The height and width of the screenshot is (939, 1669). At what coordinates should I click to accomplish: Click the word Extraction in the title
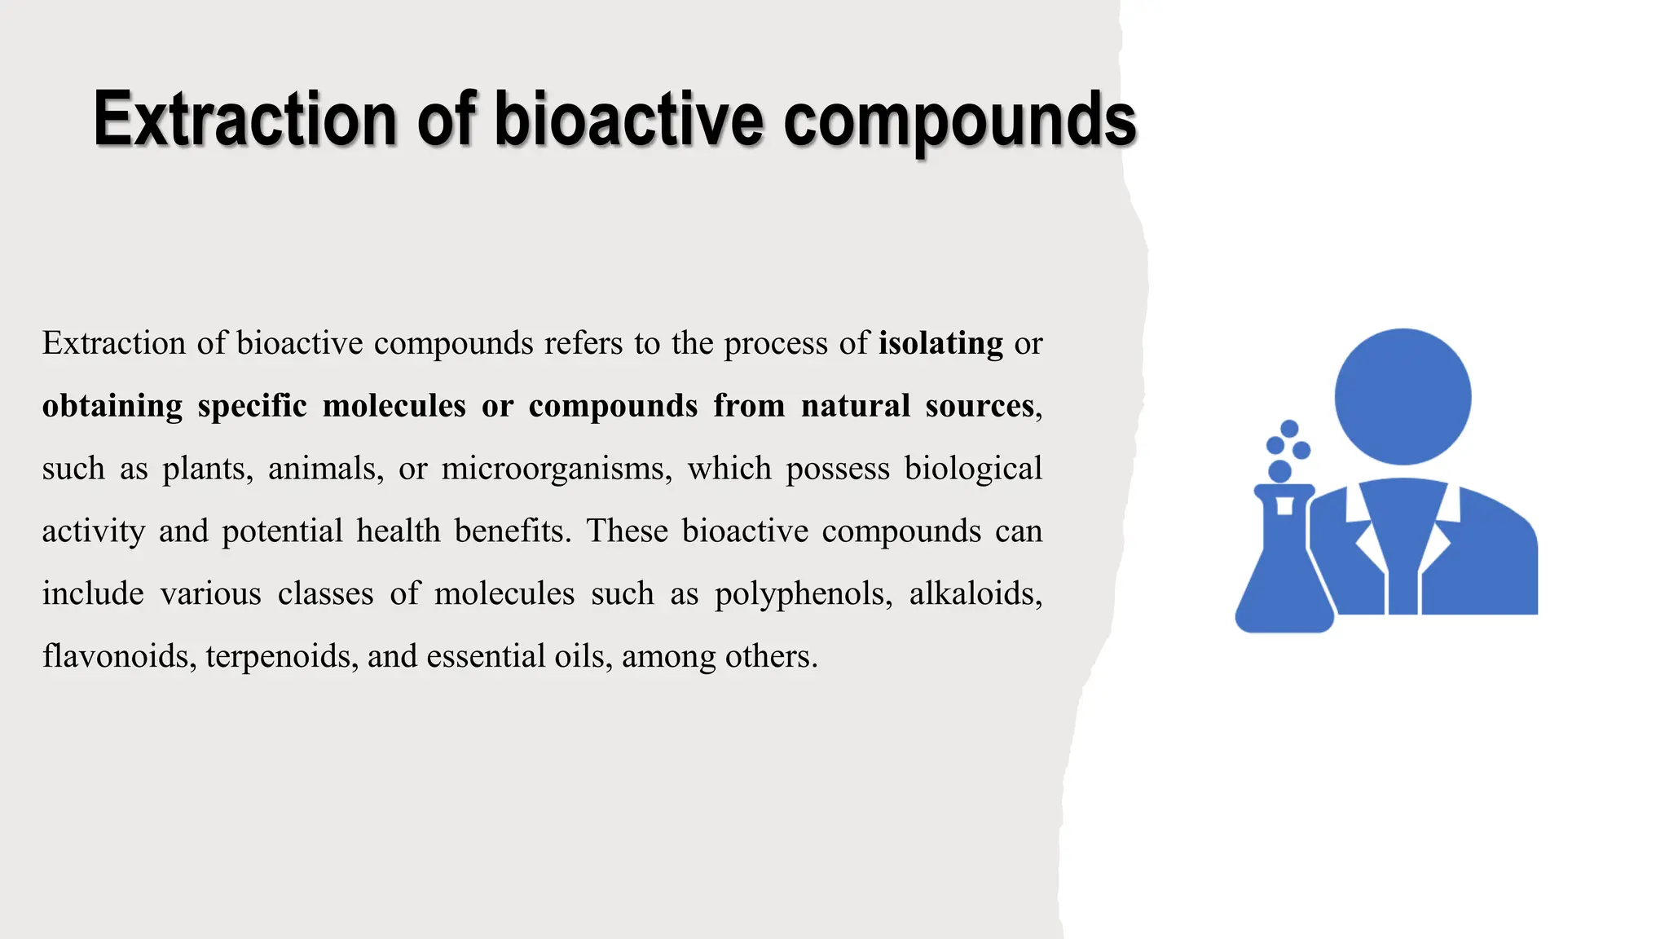tap(244, 119)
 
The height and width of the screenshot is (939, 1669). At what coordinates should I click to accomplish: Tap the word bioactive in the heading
tap(629, 119)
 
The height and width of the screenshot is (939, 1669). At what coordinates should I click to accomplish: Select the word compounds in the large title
tap(960, 121)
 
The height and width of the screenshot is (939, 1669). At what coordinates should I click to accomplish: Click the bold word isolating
tap(940, 343)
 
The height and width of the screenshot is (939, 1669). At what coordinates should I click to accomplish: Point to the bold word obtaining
tap(112, 406)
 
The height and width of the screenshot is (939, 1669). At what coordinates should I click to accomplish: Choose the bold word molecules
tap(394, 406)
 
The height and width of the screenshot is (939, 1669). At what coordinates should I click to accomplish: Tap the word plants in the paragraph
tap(207, 469)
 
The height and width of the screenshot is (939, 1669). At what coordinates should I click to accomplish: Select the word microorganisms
tap(557, 469)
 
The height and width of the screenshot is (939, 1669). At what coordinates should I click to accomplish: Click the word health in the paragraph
tap(399, 531)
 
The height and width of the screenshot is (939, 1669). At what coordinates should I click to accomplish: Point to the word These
tap(627, 531)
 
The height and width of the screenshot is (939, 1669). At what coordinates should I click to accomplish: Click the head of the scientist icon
tap(1403, 397)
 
